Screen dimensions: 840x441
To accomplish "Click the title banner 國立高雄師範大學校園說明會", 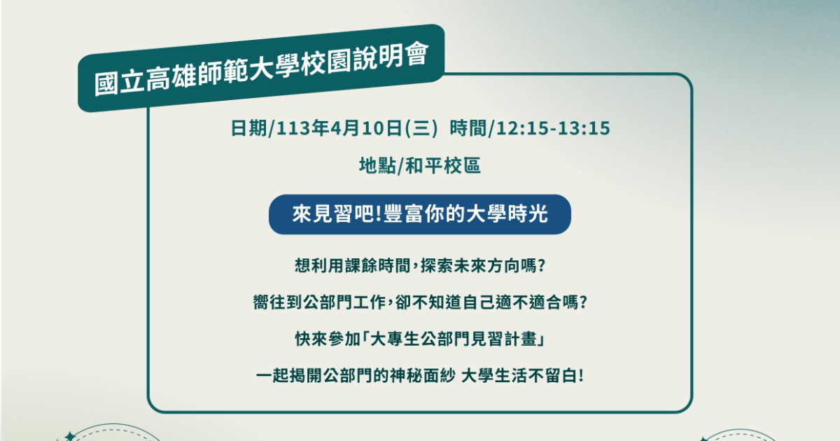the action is coord(261,68).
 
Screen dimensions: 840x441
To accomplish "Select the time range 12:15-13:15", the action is coord(554,128).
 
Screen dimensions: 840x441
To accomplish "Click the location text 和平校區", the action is coord(443,165).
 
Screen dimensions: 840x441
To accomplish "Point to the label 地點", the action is coord(377,165).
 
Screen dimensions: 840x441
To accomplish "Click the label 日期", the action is coord(248,128).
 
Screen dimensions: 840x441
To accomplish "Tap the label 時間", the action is coord(468,128).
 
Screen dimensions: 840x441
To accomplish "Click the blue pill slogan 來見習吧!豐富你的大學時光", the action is coord(420,214).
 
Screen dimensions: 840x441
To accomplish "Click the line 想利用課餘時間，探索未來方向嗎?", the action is coord(420,266).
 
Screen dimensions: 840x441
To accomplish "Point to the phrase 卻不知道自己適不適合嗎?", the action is coord(491,302).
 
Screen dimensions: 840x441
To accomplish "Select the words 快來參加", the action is coord(328,339).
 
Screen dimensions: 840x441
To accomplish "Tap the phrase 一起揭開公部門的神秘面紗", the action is coord(356,375).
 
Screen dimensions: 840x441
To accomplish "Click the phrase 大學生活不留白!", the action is coord(522,375).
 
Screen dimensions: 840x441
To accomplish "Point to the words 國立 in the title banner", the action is coord(119,82).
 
